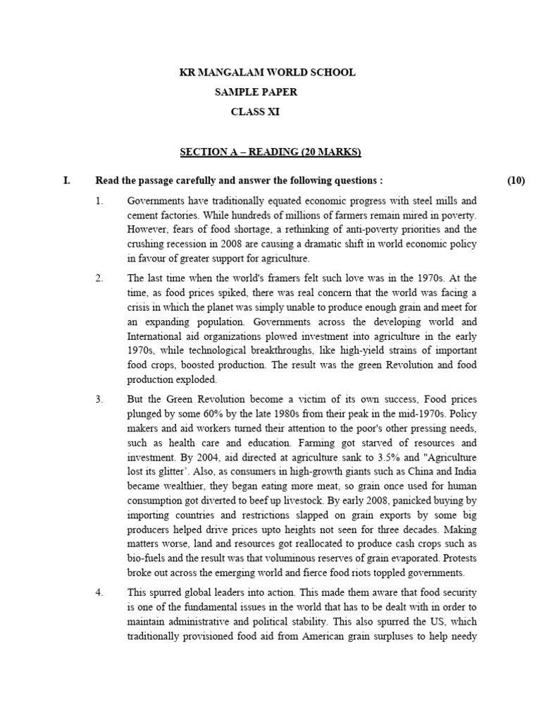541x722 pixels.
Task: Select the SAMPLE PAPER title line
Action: [256, 92]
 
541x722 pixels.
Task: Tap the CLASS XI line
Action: [255, 111]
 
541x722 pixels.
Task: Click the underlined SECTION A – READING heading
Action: [270, 152]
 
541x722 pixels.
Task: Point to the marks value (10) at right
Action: [516, 180]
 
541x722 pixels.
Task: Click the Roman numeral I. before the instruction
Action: [67, 180]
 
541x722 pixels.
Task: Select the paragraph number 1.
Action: [99, 201]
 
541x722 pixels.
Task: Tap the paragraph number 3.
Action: [99, 399]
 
